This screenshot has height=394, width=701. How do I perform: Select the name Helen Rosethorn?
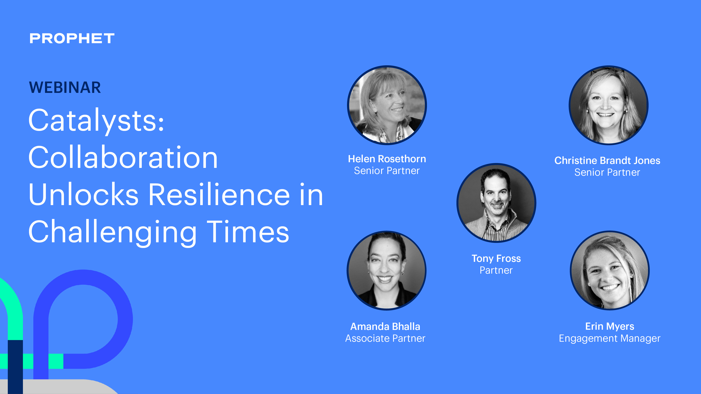coord(387,159)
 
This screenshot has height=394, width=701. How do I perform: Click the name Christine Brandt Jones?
coord(607,160)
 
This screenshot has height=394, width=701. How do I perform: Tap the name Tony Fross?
coord(496,258)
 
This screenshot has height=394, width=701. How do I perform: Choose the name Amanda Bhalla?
coord(385,326)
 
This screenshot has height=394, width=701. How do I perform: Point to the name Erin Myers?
coord(610,326)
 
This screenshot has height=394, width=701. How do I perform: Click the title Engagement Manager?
coord(610,339)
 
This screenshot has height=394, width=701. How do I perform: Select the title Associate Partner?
coord(385,339)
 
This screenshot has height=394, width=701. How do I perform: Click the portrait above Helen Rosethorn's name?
coord(387,105)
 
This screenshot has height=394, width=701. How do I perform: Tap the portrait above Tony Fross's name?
coord(496,203)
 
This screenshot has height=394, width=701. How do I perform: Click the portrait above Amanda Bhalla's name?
coord(386,271)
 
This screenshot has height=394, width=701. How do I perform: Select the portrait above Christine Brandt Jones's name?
coord(609,105)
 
